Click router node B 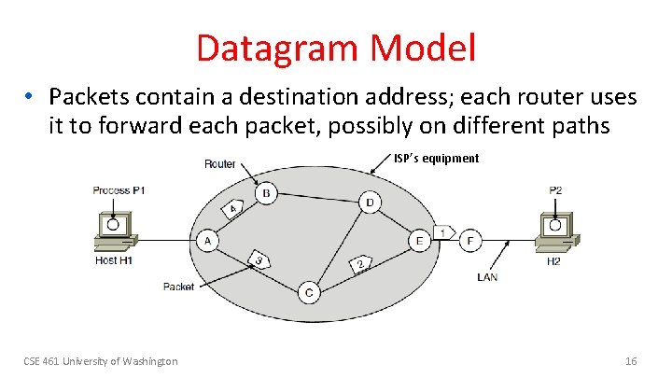click(x=266, y=194)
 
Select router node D click(x=370, y=203)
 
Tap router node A click(x=206, y=241)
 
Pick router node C click(x=310, y=293)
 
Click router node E click(x=421, y=242)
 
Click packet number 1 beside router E click(x=445, y=231)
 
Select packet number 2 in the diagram click(x=359, y=264)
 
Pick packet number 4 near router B click(x=235, y=208)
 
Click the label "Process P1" click(x=119, y=190)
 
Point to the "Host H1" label click(x=114, y=260)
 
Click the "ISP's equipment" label click(x=436, y=159)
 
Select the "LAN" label click(x=487, y=276)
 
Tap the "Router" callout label click(x=220, y=164)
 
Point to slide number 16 click(x=630, y=360)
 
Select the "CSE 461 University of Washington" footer click(x=101, y=360)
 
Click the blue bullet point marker click(x=30, y=97)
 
